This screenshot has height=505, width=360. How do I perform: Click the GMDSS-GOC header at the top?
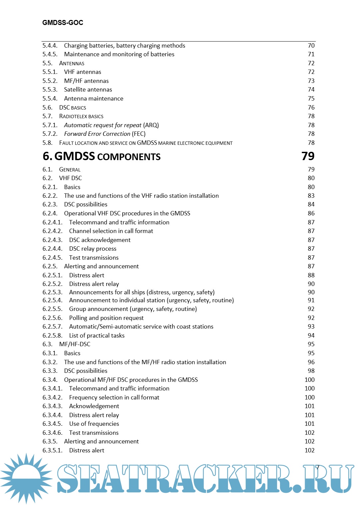(63, 23)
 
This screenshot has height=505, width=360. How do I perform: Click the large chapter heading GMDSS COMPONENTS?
(107, 156)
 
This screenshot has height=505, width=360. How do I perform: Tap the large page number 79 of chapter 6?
(308, 156)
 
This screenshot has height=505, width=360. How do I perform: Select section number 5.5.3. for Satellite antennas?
(50, 90)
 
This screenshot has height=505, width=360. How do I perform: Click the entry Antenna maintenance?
(94, 99)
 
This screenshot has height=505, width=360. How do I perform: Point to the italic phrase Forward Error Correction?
(97, 134)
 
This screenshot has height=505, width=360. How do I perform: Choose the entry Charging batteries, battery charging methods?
(124, 46)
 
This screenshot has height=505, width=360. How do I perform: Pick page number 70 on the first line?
(311, 46)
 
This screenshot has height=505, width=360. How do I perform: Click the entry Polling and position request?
(106, 318)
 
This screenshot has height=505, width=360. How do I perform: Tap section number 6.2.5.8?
(52, 336)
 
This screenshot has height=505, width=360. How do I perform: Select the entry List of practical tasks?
(97, 336)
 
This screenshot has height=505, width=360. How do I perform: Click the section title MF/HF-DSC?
(75, 344)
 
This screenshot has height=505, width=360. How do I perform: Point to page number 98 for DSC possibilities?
(311, 371)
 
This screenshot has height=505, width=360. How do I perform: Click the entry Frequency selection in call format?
(114, 397)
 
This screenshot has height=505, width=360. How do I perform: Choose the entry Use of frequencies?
(94, 424)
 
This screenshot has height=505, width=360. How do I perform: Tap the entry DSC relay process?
(93, 249)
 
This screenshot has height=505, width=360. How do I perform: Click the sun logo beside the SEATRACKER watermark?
(26, 478)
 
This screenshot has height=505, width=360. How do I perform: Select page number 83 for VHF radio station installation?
(311, 196)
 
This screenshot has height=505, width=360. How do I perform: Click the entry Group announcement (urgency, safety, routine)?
(133, 309)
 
